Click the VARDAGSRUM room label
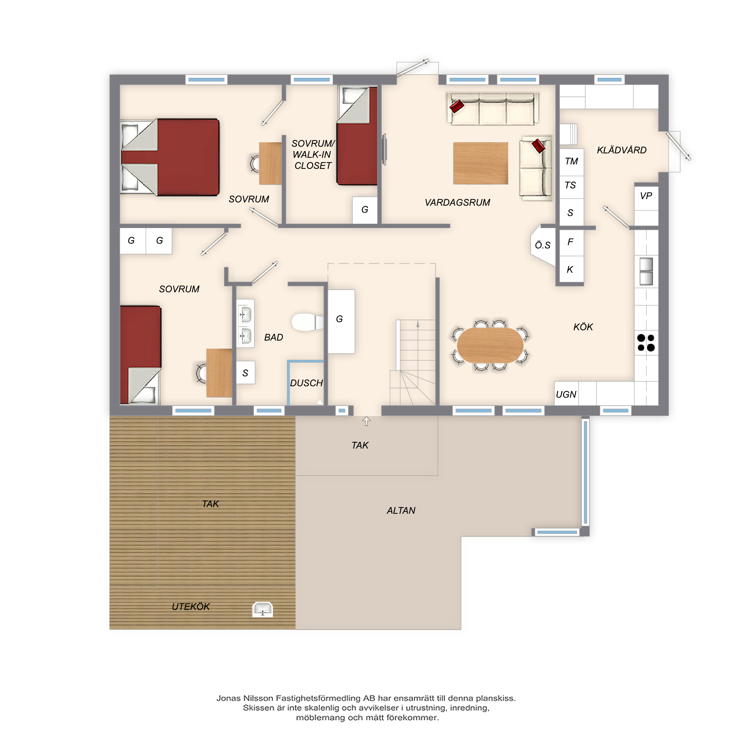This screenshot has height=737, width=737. tap(457, 203)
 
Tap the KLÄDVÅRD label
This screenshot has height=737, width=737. tap(621, 150)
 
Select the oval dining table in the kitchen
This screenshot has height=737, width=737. tap(490, 345)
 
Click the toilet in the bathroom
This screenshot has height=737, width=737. tap(307, 322)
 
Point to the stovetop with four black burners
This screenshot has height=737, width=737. tap(646, 343)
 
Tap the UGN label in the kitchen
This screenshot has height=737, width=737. tap(566, 394)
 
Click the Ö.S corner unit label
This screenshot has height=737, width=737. tap(542, 245)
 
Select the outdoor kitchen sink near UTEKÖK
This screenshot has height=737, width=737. tap(262, 609)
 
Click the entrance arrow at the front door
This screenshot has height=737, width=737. tap(366, 421)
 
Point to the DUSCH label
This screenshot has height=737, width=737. tap(306, 383)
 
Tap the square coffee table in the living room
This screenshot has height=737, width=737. tap(481, 163)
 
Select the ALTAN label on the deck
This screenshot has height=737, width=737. tap(401, 510)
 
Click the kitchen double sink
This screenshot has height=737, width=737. tap(646, 271)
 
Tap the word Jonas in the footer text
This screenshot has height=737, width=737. tap(228, 698)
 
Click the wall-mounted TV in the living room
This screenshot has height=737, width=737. tap(384, 149)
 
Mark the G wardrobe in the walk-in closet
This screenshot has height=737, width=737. tap(365, 210)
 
